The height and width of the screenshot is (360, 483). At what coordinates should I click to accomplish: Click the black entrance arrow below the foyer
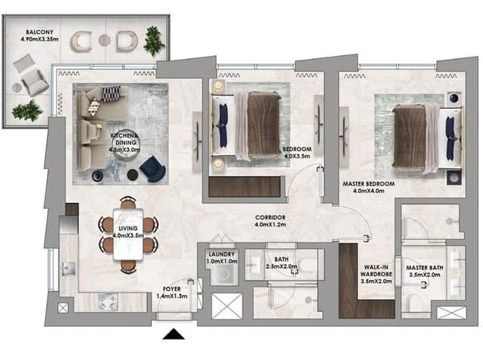pos(174,334)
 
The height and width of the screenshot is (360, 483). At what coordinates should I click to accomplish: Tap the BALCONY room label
pos(39,32)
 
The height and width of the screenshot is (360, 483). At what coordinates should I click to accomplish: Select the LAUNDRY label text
pos(222,254)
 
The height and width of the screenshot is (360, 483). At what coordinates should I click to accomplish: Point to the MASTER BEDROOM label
pos(369,184)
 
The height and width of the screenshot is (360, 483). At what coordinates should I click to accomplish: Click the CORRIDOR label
pos(270,217)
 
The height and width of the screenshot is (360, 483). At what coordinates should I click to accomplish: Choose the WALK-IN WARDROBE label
pos(376,271)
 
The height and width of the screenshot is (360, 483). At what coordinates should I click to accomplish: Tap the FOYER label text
pos(171,289)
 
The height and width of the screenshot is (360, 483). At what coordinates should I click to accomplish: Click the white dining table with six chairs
pos(128,235)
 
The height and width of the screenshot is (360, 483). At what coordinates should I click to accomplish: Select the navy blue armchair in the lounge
pos(152,169)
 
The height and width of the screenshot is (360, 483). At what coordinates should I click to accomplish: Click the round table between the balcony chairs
pos(104,40)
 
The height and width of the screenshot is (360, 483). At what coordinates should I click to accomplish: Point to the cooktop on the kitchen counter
pos(108,301)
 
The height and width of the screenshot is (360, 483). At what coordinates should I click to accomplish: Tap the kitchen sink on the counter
pos(69,268)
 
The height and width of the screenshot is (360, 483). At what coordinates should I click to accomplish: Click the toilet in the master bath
pos(414,303)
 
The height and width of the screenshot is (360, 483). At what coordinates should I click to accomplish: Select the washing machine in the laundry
pos(224,273)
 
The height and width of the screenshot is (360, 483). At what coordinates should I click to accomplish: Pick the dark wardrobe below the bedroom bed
pos(245,186)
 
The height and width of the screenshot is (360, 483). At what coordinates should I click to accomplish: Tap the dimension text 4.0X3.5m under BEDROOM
pos(297,156)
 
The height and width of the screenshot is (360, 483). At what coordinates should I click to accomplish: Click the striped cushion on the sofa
pos(111,94)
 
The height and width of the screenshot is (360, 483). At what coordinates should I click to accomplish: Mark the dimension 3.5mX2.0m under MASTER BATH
pos(425,275)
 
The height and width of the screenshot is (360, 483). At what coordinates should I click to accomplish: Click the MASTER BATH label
pos(425,268)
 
